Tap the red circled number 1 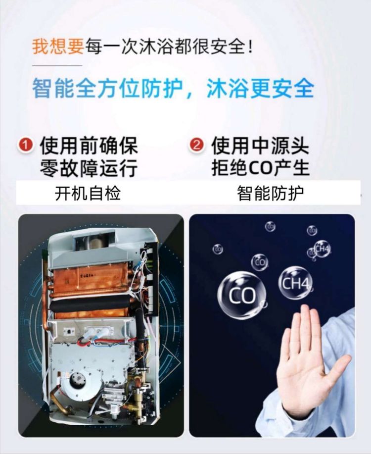coord(26,146)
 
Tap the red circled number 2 coord(197,146)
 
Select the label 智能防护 coord(270,193)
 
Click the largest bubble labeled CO coord(241,296)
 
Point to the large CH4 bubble coord(295,283)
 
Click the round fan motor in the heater coord(78,380)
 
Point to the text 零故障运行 coord(89,168)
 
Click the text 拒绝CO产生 coord(260,168)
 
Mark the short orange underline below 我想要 coord(57,65)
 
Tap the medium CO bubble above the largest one coord(260,262)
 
